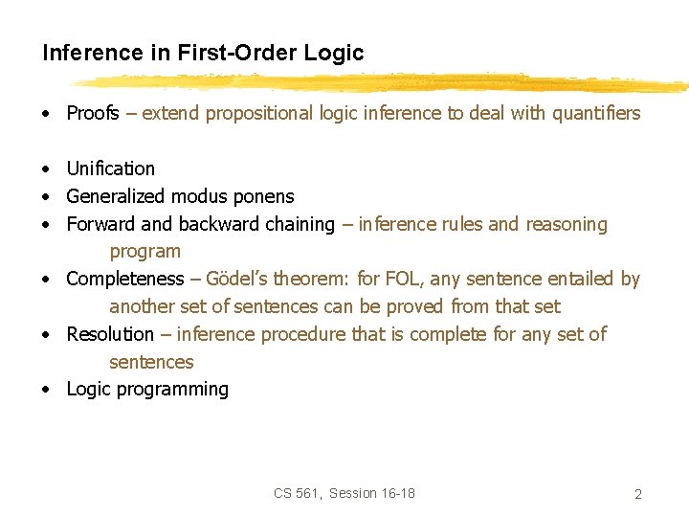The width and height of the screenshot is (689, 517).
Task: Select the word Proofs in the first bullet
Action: coord(93,113)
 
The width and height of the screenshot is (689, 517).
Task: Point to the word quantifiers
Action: coord(589,113)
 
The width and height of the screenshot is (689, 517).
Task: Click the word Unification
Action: coord(110,169)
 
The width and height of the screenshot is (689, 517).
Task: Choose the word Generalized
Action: coord(116,196)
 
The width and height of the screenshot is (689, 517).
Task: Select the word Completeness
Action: coord(124,279)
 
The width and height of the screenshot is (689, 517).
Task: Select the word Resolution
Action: coord(109,334)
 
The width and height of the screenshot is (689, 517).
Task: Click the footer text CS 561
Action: coord(298,493)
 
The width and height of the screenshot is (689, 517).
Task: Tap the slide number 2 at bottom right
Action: coord(637,494)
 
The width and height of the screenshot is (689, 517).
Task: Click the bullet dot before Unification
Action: coord(45,169)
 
